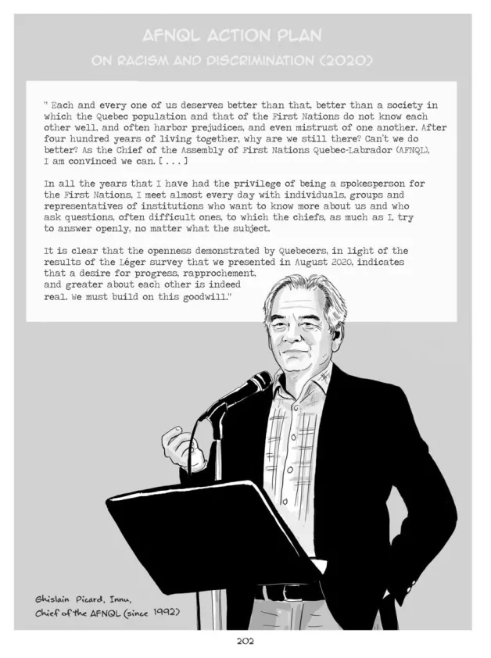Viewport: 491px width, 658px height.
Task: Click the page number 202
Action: point(245,642)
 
